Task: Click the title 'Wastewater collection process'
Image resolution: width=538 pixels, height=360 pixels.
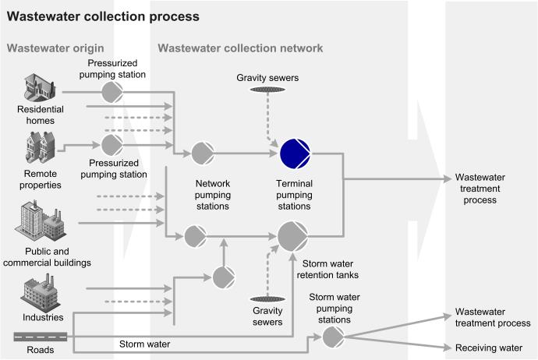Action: click(x=103, y=16)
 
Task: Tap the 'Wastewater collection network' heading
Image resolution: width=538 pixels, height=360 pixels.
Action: click(x=240, y=48)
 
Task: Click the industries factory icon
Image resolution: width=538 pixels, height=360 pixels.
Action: click(x=41, y=294)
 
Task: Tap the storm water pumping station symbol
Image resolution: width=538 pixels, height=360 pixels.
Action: click(x=334, y=336)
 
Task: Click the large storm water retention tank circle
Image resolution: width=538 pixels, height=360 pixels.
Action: click(x=293, y=235)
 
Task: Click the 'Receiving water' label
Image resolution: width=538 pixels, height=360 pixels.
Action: click(x=488, y=349)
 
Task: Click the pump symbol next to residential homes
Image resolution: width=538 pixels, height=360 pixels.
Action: click(x=112, y=92)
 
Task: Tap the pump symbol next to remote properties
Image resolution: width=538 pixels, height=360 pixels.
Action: click(x=112, y=145)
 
